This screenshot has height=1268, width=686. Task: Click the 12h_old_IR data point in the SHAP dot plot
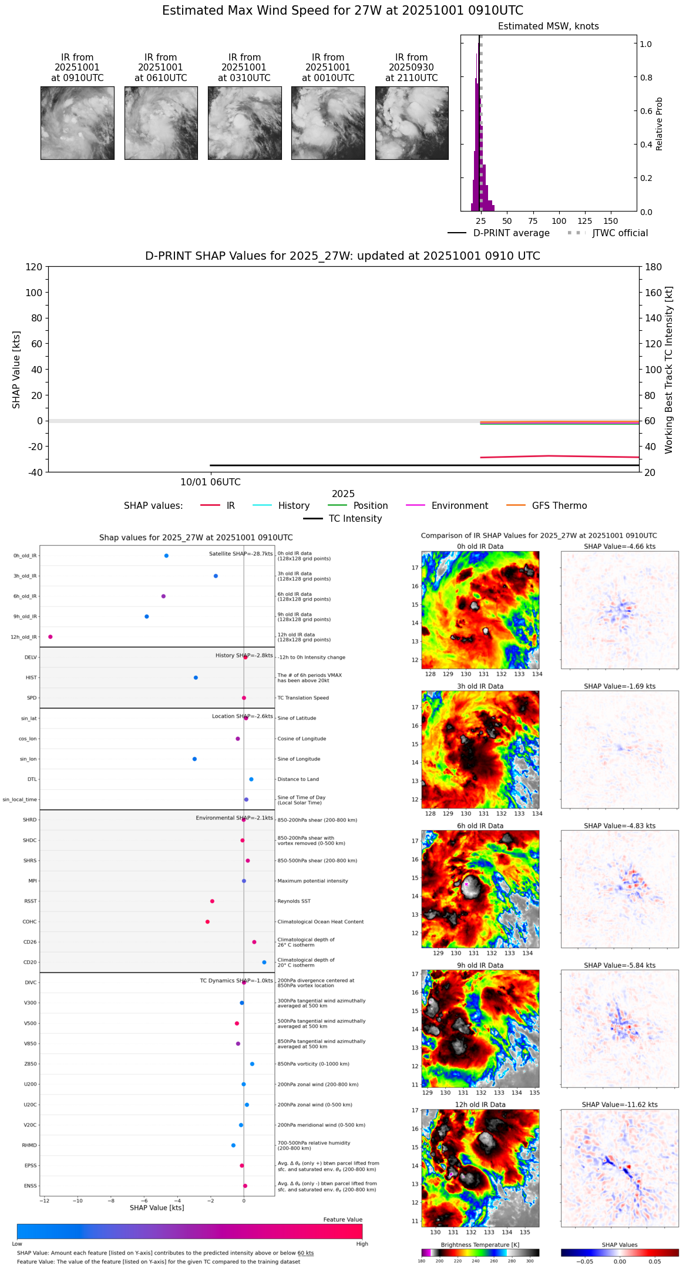[51, 637]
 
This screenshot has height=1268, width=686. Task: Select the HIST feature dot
[196, 677]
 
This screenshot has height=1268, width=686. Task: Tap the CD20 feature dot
[264, 962]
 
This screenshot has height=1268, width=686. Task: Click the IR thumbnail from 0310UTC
[244, 123]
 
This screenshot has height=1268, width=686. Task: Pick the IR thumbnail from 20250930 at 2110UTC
[412, 123]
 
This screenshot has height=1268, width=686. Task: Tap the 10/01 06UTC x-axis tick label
[210, 482]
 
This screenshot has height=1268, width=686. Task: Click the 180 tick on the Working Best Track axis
[654, 267]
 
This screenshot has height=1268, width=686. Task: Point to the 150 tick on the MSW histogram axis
[611, 222]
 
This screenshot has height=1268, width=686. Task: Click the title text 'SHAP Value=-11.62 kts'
[620, 1105]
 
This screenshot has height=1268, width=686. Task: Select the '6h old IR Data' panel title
[480, 826]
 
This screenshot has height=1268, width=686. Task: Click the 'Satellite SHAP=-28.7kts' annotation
[241, 554]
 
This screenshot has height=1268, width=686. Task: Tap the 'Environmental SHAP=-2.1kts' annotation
[234, 818]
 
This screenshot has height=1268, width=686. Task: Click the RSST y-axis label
[31, 901]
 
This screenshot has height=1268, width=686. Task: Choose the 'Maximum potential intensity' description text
[312, 881]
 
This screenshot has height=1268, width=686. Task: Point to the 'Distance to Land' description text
[298, 779]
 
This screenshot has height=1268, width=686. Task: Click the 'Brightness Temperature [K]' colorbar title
[480, 1244]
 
